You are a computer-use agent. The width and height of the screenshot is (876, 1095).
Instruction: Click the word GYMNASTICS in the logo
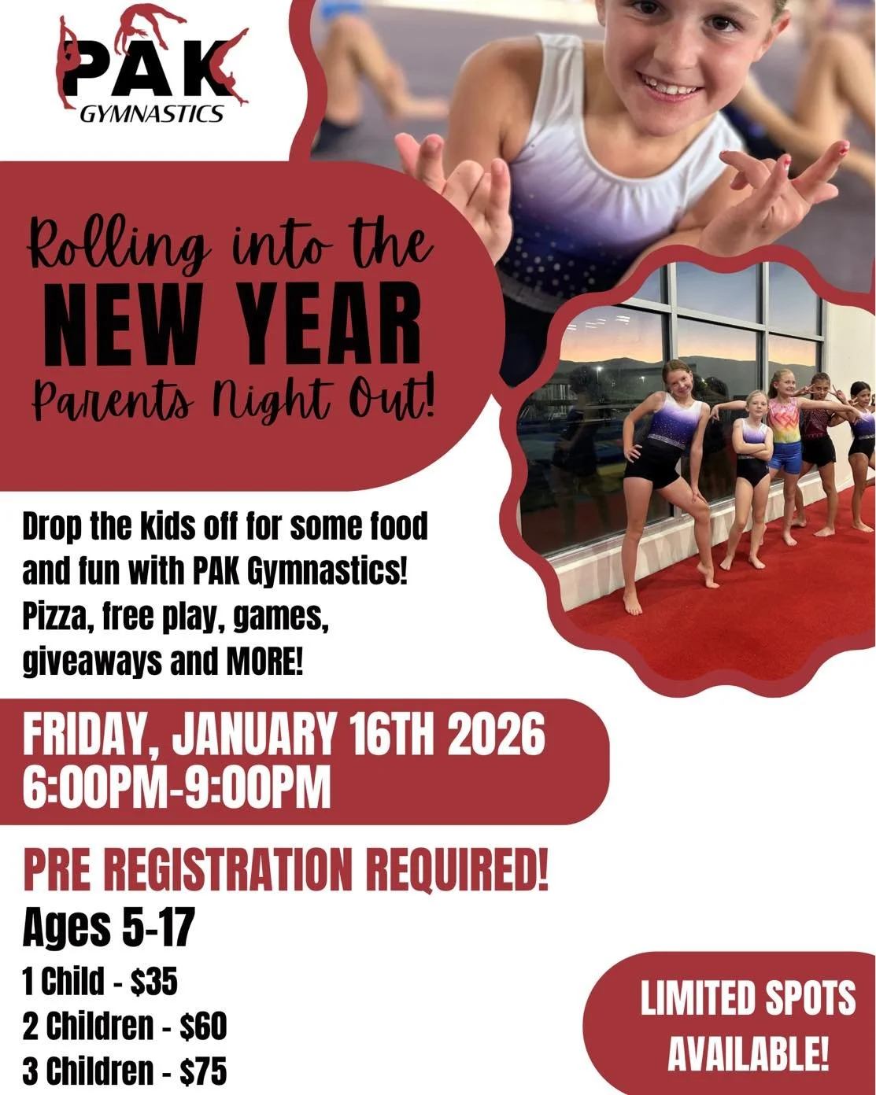[152, 114]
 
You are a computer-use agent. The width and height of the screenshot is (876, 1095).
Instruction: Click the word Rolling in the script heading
[118, 245]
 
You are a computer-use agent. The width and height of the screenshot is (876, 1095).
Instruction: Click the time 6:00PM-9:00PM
[176, 787]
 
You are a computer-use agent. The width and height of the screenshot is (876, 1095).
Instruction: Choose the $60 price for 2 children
[203, 1026]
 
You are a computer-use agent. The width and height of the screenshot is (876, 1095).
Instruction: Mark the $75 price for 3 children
[203, 1071]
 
